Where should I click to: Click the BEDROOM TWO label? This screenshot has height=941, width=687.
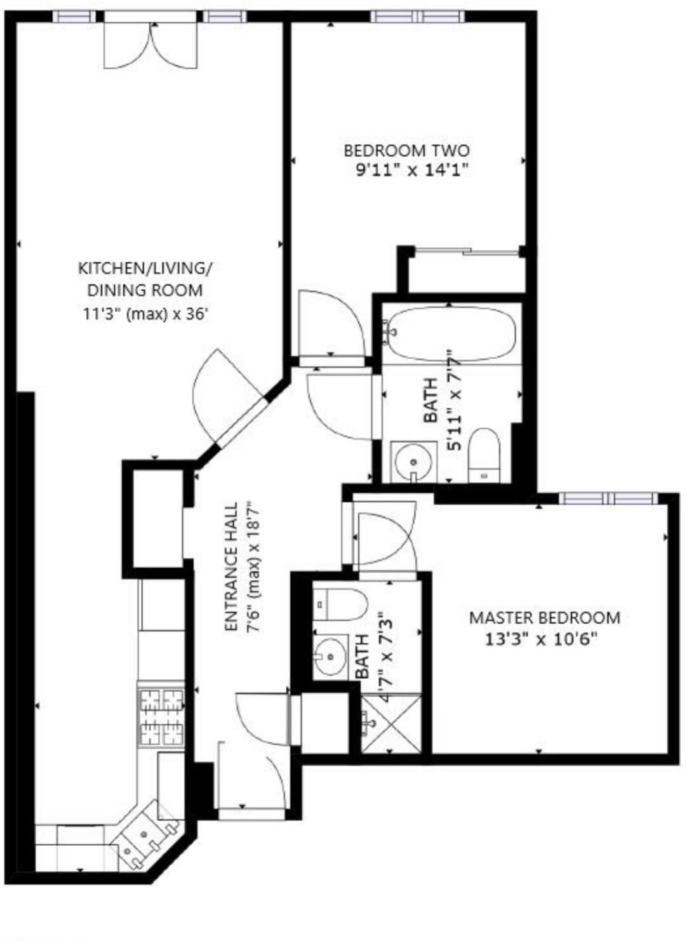(x=406, y=150)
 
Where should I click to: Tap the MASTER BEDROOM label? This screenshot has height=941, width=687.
(x=544, y=617)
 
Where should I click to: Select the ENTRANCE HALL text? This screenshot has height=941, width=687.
(x=232, y=567)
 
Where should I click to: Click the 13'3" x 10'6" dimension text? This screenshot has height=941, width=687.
(x=542, y=639)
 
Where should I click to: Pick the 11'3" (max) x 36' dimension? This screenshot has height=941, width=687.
(x=145, y=314)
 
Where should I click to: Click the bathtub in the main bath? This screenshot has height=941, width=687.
(x=451, y=333)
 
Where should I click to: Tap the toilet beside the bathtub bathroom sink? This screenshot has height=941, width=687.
(x=484, y=454)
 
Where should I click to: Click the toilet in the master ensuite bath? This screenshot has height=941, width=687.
(x=340, y=604)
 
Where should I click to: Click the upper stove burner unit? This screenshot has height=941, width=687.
(x=161, y=700)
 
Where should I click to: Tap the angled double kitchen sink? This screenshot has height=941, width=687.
(x=144, y=836)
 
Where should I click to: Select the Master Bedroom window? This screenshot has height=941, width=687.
(x=608, y=498)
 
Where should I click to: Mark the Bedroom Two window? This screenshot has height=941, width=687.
(x=418, y=17)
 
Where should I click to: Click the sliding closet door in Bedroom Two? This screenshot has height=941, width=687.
(x=467, y=252)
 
